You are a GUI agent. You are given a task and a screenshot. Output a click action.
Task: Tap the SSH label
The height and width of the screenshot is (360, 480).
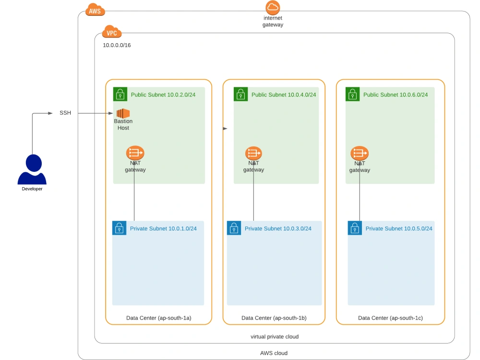coord(65,113)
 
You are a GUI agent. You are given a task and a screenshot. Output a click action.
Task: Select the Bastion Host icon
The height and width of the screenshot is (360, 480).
coord(123,113)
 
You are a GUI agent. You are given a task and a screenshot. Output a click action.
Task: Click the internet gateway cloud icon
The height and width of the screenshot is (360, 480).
coord(273,8)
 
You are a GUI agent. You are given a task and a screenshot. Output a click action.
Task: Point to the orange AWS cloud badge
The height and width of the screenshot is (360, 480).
coord(95,10)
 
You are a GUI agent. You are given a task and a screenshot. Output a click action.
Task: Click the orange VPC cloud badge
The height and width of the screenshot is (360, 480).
coord(111,33)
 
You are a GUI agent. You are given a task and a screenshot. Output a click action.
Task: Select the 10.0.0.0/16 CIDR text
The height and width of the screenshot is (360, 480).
coord(117,45)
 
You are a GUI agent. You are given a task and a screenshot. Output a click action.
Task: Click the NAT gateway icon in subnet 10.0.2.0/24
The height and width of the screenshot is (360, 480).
coord(135,154)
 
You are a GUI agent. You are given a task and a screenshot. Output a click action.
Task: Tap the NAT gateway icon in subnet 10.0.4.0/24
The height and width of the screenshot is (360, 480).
coord(253,154)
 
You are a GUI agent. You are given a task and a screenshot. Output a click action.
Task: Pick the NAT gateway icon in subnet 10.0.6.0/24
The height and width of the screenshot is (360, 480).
coord(360,154)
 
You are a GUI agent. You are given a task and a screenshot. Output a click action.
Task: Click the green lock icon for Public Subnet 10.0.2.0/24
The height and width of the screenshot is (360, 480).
coord(120,94)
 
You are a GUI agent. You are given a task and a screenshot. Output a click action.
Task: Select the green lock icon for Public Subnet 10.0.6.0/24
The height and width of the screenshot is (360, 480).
coord(352,94)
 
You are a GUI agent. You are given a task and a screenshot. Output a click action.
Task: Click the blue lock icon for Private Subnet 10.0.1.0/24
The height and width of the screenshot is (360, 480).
coord(119,228)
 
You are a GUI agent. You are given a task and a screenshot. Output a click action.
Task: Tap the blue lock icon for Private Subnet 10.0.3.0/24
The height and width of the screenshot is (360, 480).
coord(234,228)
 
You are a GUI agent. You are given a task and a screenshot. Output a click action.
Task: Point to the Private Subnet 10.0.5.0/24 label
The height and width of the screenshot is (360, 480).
coord(398,228)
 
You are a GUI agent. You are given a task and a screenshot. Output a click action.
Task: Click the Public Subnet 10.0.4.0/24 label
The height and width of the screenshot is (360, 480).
coord(284,95)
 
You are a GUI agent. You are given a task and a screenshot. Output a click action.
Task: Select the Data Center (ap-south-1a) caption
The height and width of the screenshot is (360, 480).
coord(158,318)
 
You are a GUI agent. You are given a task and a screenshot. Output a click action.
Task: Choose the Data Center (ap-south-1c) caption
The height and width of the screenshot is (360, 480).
coord(390,318)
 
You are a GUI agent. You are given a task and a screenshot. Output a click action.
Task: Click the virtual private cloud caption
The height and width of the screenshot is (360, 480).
coord(274,336)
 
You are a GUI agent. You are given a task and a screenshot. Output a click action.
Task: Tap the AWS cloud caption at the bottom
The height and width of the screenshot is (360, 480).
coord(274,353)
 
